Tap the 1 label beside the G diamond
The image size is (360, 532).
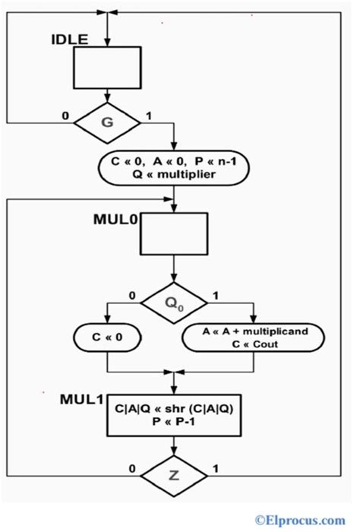coord(147,116)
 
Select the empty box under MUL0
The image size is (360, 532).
coord(174,234)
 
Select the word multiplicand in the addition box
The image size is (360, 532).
coord(279,332)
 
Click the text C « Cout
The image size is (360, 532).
coord(256,345)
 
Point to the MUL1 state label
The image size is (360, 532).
coord(82,399)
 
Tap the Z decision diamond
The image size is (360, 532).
coord(175,477)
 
